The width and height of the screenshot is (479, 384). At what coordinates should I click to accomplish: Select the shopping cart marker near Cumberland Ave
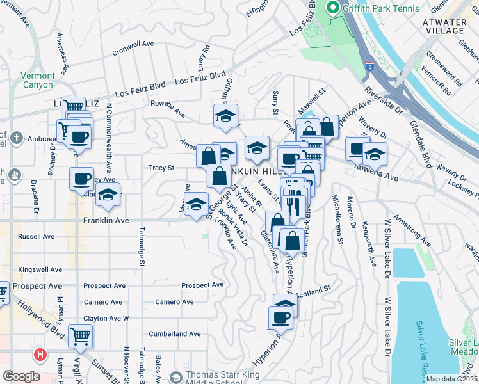[x=80, y=335]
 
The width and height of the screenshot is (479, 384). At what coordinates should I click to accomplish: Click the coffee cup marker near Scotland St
[x=280, y=316]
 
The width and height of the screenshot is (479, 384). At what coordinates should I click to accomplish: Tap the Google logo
[x=21, y=376]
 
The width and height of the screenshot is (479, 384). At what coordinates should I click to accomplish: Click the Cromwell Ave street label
[x=133, y=48]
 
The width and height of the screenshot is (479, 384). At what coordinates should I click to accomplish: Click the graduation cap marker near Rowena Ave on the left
[x=225, y=116]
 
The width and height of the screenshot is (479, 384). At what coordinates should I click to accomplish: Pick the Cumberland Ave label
[x=175, y=333]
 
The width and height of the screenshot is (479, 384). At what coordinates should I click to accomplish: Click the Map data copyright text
[x=452, y=379]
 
